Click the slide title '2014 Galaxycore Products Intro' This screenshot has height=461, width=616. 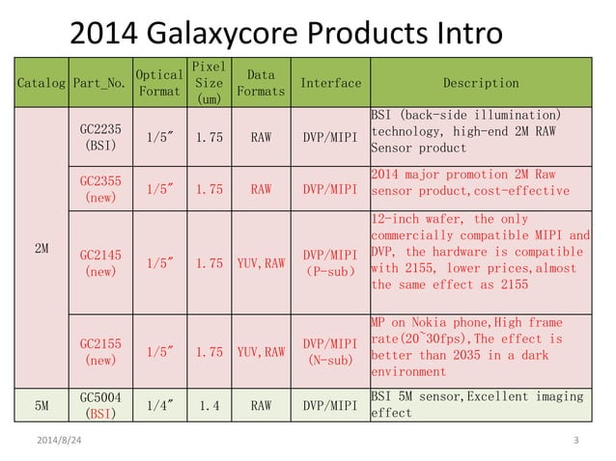(286, 34)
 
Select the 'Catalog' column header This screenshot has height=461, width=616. (41, 84)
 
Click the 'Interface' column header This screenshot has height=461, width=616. (330, 84)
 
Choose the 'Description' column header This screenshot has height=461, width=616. (480, 84)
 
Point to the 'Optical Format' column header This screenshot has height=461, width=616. (159, 84)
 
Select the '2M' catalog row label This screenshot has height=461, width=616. (41, 248)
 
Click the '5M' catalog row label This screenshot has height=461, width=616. (41, 406)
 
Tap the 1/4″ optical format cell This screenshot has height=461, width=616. (159, 406)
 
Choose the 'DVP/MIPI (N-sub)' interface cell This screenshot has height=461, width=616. (330, 352)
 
